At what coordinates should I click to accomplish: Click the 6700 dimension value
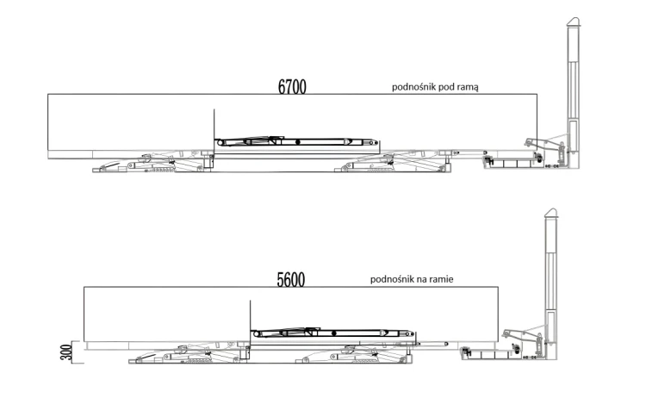[292, 87]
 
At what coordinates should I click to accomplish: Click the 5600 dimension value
[291, 280]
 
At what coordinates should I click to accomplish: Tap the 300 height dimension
[66, 352]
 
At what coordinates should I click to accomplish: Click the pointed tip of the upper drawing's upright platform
[574, 18]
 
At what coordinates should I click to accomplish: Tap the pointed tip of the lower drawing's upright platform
[551, 208]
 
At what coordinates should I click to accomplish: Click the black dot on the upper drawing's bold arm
[298, 142]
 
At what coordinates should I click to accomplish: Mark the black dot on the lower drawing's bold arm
[333, 333]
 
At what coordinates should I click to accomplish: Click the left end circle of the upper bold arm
[220, 142]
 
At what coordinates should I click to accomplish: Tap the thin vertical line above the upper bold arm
[214, 123]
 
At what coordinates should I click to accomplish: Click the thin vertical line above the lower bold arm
[250, 314]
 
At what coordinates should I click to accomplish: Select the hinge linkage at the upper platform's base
[544, 145]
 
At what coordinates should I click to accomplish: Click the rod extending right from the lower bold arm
[432, 343]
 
